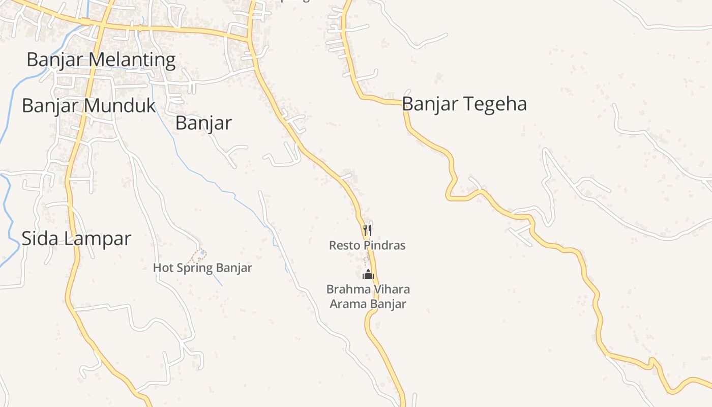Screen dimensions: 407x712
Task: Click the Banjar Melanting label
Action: pyautogui.click(x=101, y=60)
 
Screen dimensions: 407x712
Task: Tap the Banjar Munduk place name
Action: pyautogui.click(x=88, y=106)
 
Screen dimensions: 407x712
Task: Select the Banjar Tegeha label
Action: pyautogui.click(x=464, y=104)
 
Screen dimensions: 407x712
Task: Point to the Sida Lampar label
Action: pyautogui.click(x=76, y=238)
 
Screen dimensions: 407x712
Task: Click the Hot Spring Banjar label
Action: pyautogui.click(x=202, y=268)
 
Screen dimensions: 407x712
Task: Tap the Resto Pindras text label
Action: pyautogui.click(x=367, y=246)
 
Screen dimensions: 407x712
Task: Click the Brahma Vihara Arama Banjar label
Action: pyautogui.click(x=368, y=297)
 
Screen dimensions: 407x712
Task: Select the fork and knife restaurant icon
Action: pyautogui.click(x=367, y=230)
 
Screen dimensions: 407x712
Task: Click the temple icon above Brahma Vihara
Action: pyautogui.click(x=368, y=275)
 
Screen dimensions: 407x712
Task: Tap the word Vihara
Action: pyautogui.click(x=391, y=289)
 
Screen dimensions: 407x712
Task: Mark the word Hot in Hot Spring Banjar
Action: pyautogui.click(x=162, y=268)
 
